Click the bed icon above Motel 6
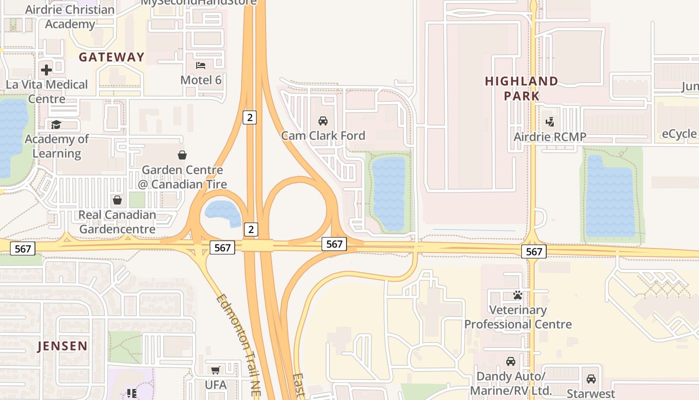(201, 65)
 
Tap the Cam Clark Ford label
(323, 135)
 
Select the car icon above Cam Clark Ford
(323, 121)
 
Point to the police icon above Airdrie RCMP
(550, 121)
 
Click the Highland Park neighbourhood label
(521, 88)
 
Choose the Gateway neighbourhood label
(111, 57)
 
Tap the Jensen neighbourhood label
(62, 345)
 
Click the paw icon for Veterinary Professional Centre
(518, 295)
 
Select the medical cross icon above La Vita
(46, 69)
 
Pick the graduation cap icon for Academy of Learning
(56, 124)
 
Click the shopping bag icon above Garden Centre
(182, 155)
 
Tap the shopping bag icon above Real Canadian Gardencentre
(117, 200)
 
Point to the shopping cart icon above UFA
(215, 370)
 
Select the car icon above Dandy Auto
(510, 361)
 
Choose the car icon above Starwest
(591, 378)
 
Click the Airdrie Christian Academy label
(69, 16)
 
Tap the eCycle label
(679, 134)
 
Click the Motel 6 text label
(201, 80)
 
